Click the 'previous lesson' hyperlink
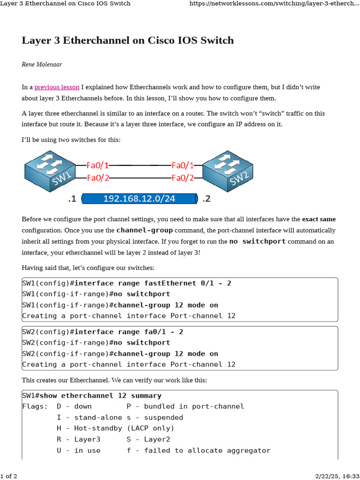pos(57,87)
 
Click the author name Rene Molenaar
pos(42,64)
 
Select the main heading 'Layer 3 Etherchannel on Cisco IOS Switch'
pos(127,40)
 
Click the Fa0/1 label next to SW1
pos(98,165)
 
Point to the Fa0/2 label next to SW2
pos(183,178)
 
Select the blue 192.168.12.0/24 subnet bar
pos(139,199)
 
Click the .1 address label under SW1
pos(72,199)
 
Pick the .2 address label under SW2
pos(206,199)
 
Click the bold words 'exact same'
pos(319,219)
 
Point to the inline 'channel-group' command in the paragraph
pos(144,230)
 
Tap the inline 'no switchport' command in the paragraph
pos(257,241)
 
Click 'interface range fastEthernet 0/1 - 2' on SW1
pos(153,283)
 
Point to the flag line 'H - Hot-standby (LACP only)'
pos(115,428)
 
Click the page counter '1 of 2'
pos(9,476)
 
